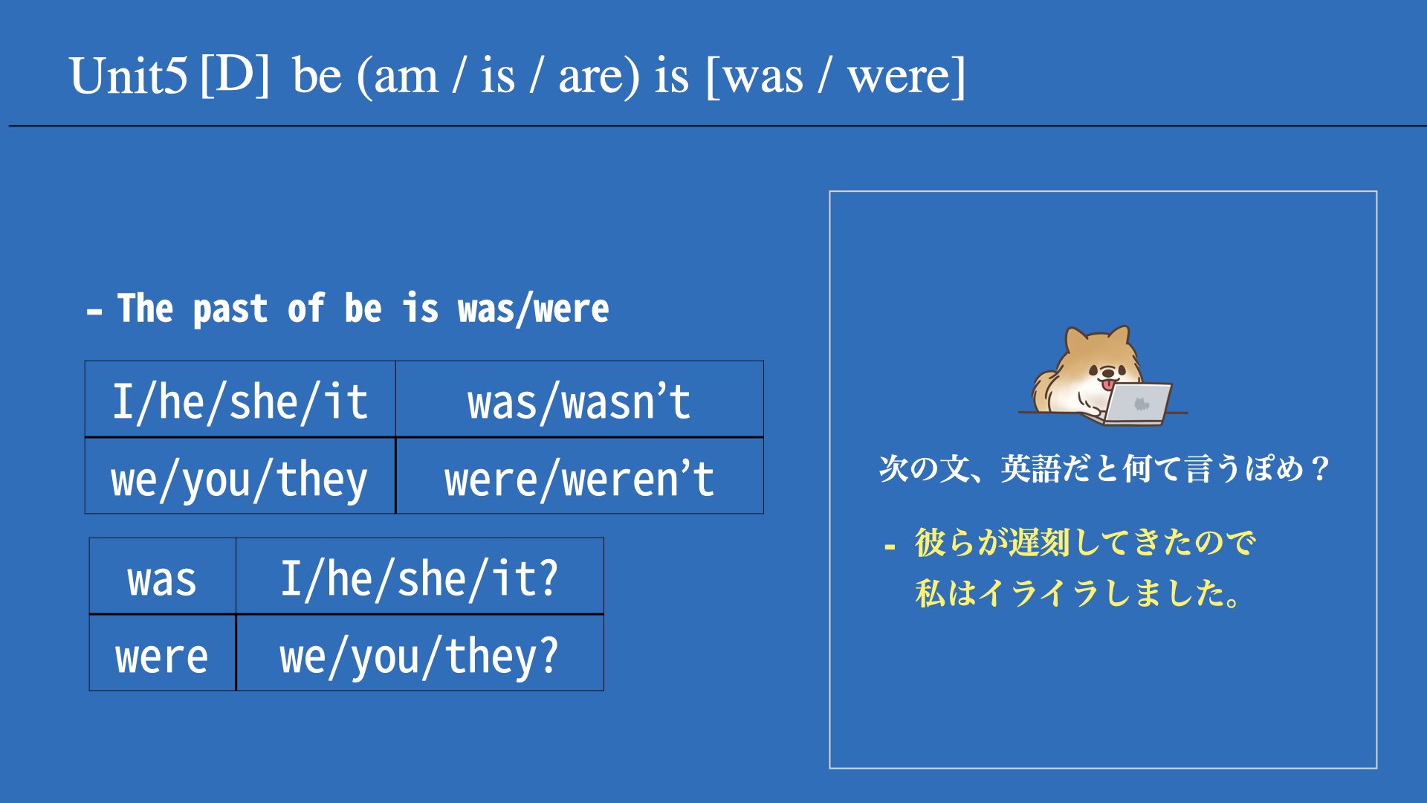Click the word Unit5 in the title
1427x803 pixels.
click(x=128, y=76)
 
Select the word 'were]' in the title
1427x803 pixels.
click(x=907, y=76)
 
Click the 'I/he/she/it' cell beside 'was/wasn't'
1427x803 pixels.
click(x=240, y=399)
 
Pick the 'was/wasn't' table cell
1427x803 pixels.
click(x=580, y=399)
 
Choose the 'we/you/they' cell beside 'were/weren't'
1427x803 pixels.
click(x=240, y=476)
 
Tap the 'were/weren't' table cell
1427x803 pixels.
click(x=580, y=476)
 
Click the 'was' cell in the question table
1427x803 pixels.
click(x=163, y=576)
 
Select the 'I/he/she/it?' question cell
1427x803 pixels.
click(x=420, y=576)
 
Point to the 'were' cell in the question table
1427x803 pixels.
click(x=163, y=653)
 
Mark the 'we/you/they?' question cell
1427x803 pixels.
click(x=420, y=653)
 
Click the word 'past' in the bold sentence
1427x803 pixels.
click(x=230, y=309)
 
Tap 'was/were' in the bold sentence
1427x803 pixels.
click(x=534, y=309)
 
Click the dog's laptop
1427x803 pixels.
click(x=1136, y=404)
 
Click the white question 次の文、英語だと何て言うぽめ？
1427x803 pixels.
click(x=1104, y=468)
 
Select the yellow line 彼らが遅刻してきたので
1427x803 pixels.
click(x=1085, y=543)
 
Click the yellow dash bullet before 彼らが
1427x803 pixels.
click(x=890, y=548)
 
